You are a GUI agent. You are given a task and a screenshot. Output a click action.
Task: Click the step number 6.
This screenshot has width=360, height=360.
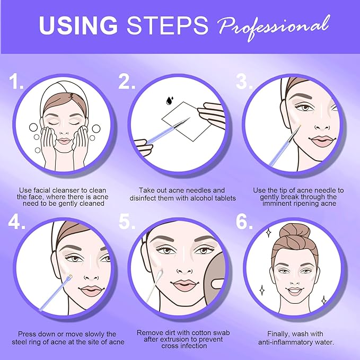coord(244,222)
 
